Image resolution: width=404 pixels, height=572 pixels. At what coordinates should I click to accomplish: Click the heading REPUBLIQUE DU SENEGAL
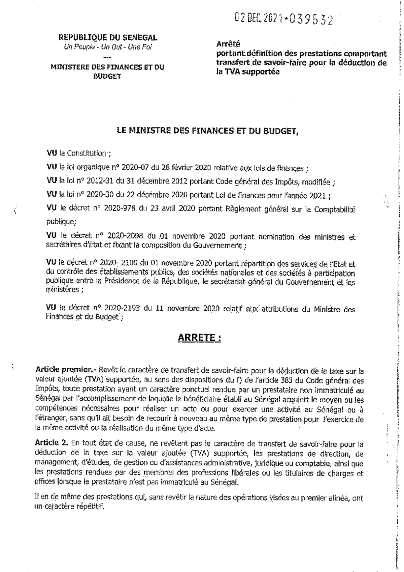pos(108,37)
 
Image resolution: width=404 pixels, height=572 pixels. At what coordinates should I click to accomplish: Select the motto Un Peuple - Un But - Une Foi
pos(108,47)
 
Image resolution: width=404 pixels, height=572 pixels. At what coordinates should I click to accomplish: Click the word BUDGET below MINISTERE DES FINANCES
pos(107,76)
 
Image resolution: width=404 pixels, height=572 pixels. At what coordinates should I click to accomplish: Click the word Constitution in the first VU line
pos(86,153)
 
